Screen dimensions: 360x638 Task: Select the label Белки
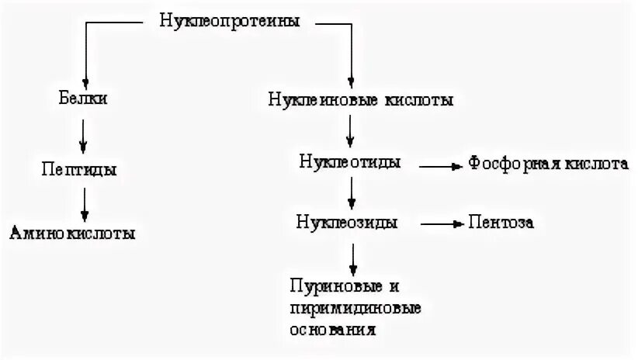pos(83,99)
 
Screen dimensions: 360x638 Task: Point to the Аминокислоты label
pos(72,233)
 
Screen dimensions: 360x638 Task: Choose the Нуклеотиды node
pos(351,163)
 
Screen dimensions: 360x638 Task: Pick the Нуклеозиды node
pos(348,223)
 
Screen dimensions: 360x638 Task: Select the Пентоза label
pos(501,223)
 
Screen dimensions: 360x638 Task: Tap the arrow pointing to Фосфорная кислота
pos(441,164)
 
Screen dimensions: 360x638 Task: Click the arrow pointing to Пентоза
pos(441,223)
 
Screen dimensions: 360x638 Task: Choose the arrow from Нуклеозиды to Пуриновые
pos(353,256)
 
